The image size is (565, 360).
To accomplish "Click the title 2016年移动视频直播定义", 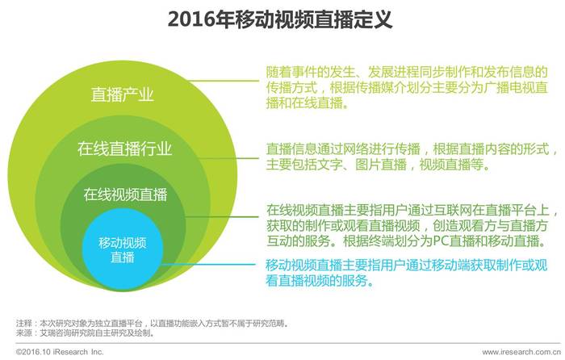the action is pos(279,19).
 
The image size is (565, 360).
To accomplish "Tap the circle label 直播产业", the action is pos(122,94).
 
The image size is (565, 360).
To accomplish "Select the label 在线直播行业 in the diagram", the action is pos(124,149).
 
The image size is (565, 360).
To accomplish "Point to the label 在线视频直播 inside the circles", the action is pos(125,195).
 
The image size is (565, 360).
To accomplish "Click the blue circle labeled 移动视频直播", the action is pos(123,249).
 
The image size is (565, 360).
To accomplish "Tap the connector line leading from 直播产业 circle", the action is pos(223,81).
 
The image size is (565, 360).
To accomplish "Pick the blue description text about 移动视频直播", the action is pos(407,273).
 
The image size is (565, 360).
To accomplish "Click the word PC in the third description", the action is pos(441,241).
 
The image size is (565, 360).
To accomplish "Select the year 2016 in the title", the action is pos(191,19).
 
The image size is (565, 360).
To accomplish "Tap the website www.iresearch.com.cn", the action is pos(521,352).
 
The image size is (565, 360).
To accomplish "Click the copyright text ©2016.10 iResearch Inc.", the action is pos(60,352).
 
